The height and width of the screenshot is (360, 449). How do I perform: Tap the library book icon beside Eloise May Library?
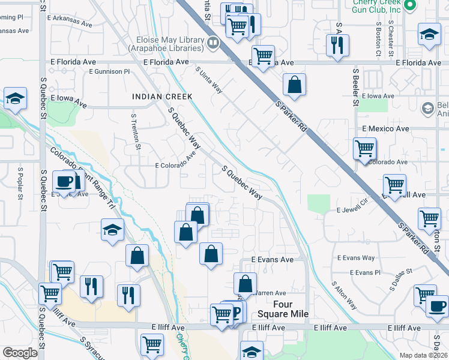(x=212, y=43)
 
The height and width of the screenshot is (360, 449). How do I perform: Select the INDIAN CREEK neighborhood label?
(x=162, y=97)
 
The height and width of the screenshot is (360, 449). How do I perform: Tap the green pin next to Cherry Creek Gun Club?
(x=411, y=6)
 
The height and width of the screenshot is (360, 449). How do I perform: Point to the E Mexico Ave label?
(x=385, y=129)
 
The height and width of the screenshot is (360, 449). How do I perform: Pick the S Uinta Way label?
(x=209, y=79)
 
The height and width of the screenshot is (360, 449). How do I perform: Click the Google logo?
(x=20, y=353)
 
